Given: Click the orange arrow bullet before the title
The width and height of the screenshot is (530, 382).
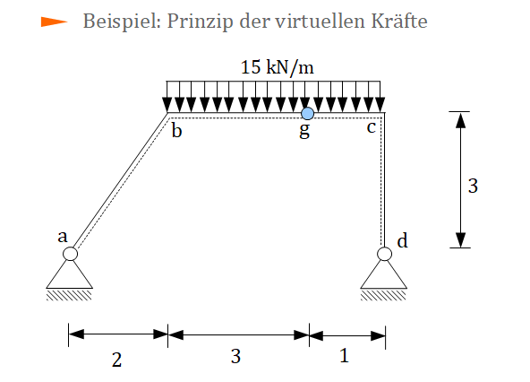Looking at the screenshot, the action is point(54,22).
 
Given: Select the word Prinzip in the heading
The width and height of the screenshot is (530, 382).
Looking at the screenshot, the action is point(201,22).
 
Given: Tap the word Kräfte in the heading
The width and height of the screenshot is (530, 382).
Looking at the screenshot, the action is point(399,21).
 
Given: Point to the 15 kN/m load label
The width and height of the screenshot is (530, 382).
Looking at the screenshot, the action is point(278,67).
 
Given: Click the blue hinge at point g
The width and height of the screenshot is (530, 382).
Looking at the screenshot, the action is point(307,114).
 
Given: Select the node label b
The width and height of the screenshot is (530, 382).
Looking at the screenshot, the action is point(176,131).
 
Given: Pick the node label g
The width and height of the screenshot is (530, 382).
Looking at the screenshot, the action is point(304,131).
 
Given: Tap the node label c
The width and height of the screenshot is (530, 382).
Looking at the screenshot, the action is point(372,128).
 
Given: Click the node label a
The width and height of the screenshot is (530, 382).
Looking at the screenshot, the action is point(62,237).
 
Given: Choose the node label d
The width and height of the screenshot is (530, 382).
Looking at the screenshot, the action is point(402,241).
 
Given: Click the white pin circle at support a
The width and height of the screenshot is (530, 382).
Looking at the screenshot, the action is point(70,254).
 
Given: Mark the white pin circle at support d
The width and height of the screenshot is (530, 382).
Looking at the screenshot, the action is point(384,254).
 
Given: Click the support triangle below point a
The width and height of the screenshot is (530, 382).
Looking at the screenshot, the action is point(69,276).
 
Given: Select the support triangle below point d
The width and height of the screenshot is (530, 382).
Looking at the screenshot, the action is point(384,276).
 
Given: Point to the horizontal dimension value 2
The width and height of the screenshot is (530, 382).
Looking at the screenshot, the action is point(116,360).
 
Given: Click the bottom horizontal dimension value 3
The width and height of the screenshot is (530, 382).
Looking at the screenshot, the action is point(235,356).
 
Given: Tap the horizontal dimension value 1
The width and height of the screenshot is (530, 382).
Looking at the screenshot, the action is point(344,356).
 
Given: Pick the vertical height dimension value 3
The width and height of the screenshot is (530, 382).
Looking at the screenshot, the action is point(473,186).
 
